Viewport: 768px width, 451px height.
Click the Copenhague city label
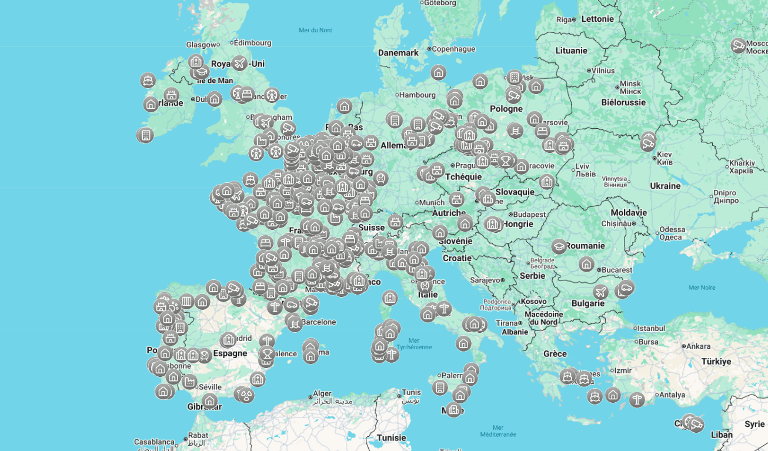point(453,49)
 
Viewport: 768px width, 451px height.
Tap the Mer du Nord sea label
point(315,30)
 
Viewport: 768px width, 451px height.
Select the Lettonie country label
point(597,19)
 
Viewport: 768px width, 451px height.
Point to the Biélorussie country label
point(623,102)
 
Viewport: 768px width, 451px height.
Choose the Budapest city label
point(529,215)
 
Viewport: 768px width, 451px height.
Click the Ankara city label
point(698,346)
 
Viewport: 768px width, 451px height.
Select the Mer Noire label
point(702,288)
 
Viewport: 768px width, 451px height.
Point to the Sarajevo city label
point(484,280)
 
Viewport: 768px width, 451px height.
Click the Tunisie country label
point(392,437)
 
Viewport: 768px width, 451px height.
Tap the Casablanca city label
point(153,442)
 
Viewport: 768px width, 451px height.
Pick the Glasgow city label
point(201,45)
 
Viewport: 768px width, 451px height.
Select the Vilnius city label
point(603,71)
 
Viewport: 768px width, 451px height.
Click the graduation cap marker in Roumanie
point(559,246)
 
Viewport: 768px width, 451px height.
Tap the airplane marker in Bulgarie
point(600,292)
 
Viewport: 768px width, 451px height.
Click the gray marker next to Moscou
point(739,45)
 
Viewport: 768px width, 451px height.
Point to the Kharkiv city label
point(742,163)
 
